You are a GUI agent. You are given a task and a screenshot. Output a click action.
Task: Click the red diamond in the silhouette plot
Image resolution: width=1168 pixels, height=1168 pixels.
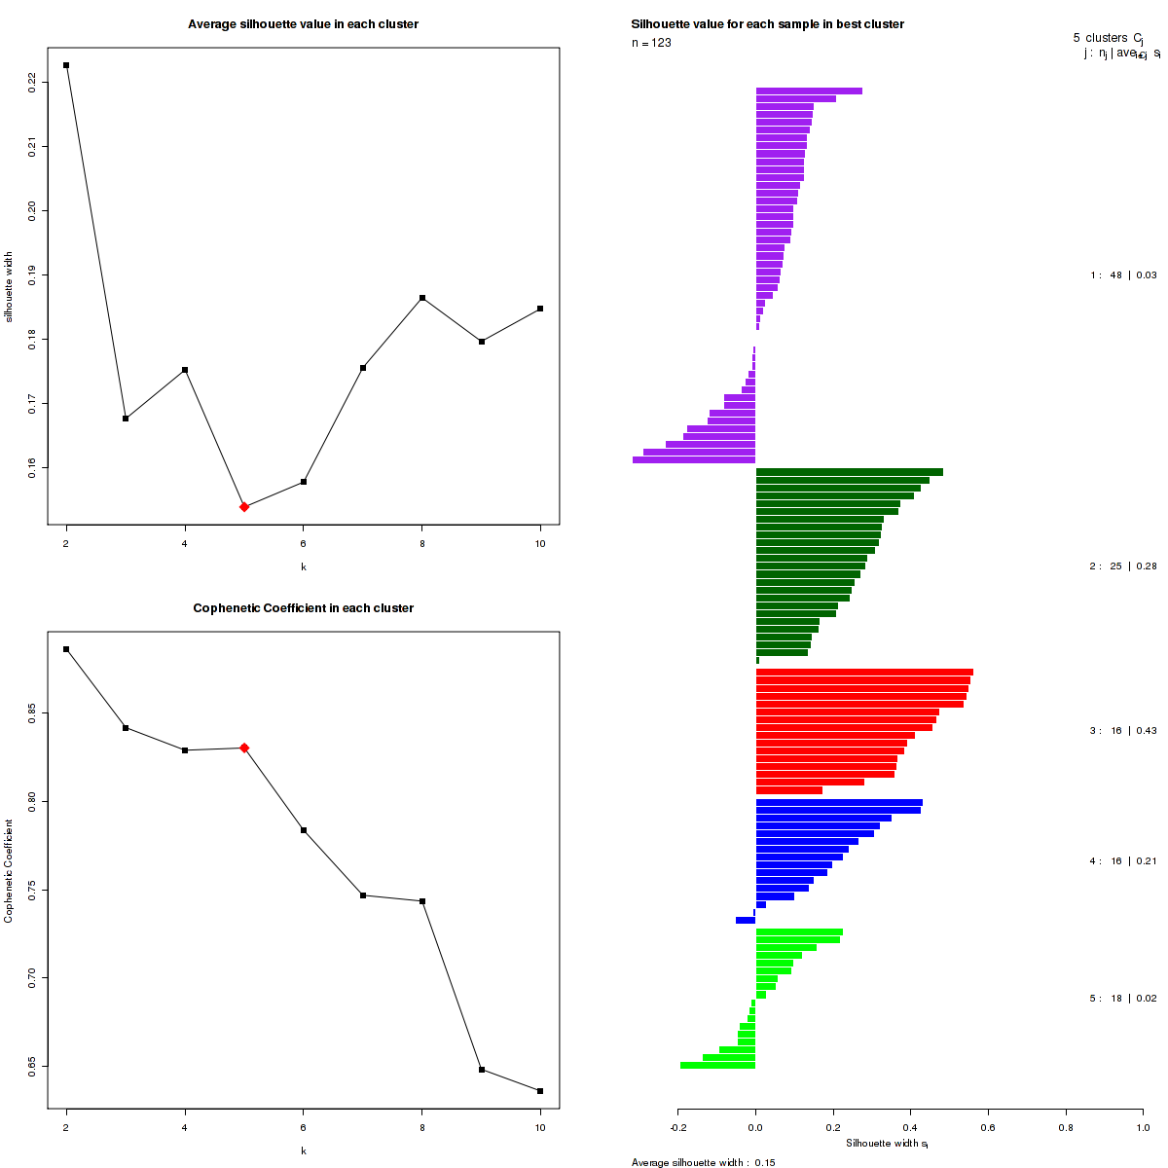click(244, 507)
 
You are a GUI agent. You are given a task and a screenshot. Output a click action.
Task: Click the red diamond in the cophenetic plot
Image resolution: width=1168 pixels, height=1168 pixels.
click(244, 748)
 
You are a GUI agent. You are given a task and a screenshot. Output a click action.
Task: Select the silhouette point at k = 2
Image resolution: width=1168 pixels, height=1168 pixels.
click(66, 65)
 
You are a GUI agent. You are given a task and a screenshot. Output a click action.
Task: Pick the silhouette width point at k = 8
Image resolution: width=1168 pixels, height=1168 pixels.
click(422, 298)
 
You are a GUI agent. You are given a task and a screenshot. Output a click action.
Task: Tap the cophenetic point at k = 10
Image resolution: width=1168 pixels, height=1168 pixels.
click(540, 1091)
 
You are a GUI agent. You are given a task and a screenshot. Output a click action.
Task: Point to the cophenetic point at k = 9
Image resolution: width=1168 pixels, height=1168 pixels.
click(481, 1070)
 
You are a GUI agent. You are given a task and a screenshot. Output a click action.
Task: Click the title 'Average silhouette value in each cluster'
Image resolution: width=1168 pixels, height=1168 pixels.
click(303, 24)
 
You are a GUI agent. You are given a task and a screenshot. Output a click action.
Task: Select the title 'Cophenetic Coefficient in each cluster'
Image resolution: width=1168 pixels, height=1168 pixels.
click(303, 608)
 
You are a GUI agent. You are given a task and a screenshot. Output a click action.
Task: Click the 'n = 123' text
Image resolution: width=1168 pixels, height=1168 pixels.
click(651, 43)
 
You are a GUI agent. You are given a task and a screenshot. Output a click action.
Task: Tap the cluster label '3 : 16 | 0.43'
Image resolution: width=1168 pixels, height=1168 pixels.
click(1123, 731)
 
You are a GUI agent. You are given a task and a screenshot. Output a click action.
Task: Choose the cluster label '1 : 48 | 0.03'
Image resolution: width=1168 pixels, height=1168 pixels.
click(1123, 275)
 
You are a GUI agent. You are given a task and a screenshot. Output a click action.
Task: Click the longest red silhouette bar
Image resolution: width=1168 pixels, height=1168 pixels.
click(864, 672)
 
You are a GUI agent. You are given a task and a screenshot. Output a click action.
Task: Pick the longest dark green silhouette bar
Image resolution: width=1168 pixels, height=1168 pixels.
click(849, 472)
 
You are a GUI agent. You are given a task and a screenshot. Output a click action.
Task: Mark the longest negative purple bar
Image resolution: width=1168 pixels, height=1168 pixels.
click(694, 459)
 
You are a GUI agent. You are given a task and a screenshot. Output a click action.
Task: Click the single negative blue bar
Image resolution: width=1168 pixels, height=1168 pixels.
click(746, 920)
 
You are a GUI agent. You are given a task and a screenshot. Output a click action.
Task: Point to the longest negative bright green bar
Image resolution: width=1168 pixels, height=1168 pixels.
click(717, 1065)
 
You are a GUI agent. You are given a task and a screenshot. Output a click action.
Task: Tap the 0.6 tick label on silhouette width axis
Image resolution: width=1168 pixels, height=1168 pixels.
click(988, 1128)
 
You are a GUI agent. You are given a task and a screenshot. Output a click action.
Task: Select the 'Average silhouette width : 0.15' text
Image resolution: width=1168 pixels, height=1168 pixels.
click(703, 1162)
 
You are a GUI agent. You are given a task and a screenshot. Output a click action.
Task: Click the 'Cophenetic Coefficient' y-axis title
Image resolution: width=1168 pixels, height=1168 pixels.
click(9, 870)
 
